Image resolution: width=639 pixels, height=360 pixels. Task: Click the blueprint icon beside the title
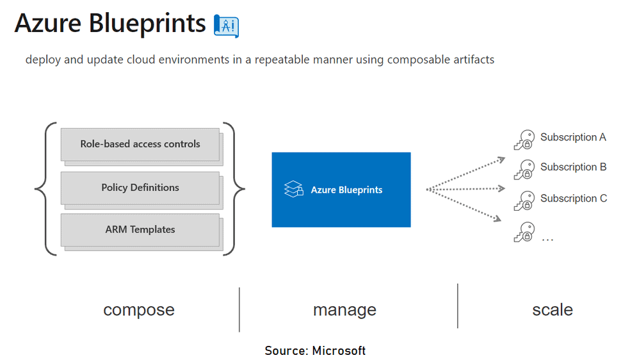click(x=226, y=25)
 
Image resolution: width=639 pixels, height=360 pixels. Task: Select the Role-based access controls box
click(x=140, y=144)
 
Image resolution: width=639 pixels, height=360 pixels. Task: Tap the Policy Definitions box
click(x=140, y=188)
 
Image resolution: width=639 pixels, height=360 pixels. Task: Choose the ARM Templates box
click(x=140, y=229)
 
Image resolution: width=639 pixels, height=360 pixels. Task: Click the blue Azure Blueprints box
click(x=341, y=190)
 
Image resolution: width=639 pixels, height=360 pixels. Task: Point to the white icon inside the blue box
click(x=293, y=190)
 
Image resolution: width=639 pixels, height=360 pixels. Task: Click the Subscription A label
click(x=573, y=137)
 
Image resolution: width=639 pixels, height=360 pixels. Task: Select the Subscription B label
click(x=573, y=167)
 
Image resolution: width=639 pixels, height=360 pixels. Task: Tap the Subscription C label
click(x=573, y=199)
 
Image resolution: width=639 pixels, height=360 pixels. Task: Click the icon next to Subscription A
click(x=524, y=140)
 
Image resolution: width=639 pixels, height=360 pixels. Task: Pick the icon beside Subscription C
click(x=524, y=201)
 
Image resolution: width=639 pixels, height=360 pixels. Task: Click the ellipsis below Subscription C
click(x=547, y=238)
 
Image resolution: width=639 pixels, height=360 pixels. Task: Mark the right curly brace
click(x=238, y=189)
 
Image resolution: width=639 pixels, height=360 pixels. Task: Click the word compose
click(x=139, y=310)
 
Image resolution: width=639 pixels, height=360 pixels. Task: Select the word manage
click(x=344, y=310)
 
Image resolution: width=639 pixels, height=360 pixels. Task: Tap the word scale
click(x=552, y=310)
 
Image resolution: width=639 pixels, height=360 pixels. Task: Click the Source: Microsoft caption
click(x=315, y=350)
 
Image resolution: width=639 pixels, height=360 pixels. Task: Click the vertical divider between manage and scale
click(x=458, y=306)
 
